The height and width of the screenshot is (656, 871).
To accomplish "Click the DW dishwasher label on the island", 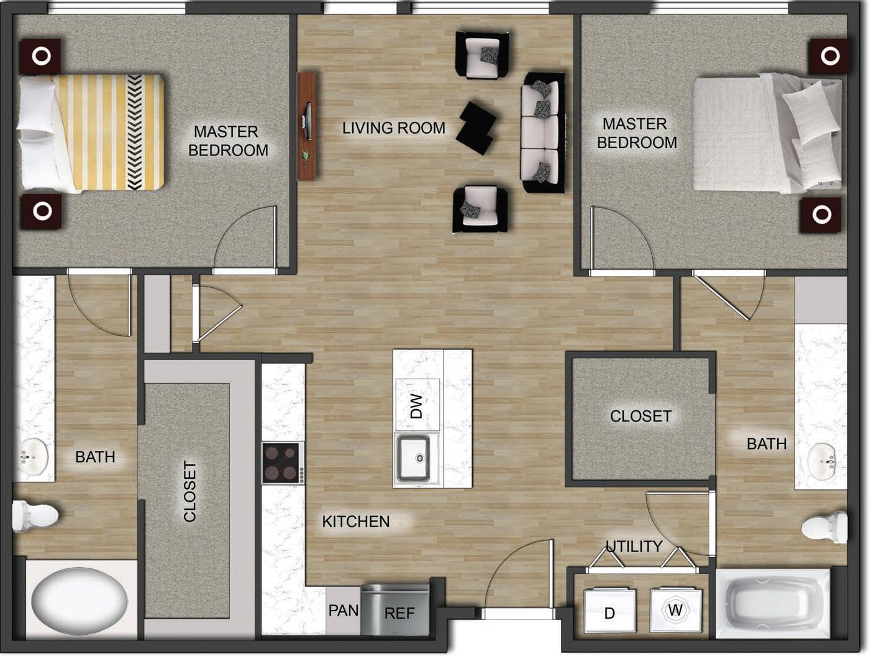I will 417,405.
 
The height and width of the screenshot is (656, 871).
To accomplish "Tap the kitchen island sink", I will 413,459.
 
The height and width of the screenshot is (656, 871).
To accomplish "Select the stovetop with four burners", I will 283,463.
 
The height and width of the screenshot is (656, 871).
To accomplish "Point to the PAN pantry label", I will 344,611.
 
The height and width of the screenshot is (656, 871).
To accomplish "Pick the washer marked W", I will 675,610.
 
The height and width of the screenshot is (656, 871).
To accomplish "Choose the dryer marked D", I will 609,612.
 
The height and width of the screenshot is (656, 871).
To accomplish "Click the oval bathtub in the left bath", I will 80,600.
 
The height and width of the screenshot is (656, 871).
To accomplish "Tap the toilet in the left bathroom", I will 34,515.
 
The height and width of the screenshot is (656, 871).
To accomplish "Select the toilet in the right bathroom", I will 826,527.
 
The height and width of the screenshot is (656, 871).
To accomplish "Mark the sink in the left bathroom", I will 31,457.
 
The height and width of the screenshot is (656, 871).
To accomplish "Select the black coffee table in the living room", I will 477,127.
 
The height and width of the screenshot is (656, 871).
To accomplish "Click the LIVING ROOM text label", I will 393,128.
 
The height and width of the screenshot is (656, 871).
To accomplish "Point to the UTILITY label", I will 634,546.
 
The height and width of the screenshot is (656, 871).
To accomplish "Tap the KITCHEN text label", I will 355,521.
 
